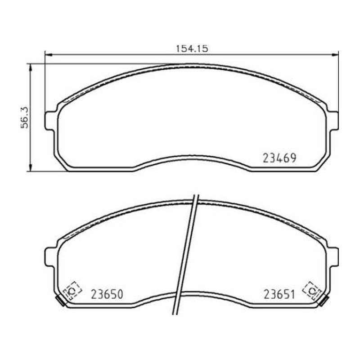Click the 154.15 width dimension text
192,49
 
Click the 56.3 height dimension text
24,117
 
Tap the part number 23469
279,158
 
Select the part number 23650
107,294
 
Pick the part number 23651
279,294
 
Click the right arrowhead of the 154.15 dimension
335,54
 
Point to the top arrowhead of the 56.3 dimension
30,67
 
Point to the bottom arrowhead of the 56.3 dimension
30,167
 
